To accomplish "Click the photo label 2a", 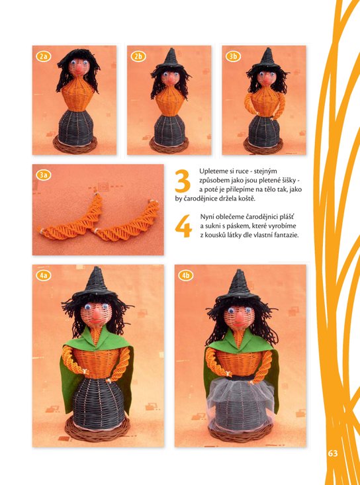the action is pos(44,57).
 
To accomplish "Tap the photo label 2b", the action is pos(138,57).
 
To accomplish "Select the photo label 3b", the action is pos(233,57).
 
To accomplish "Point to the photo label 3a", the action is pos(44,175).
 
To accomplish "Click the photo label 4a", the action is pos(44,276).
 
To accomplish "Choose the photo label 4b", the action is pos(186,276).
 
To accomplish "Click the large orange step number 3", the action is pos(183,181).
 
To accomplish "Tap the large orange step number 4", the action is pos(183,226).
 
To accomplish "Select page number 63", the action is pos(333,453).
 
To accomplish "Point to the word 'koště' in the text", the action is pos(248,199).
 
